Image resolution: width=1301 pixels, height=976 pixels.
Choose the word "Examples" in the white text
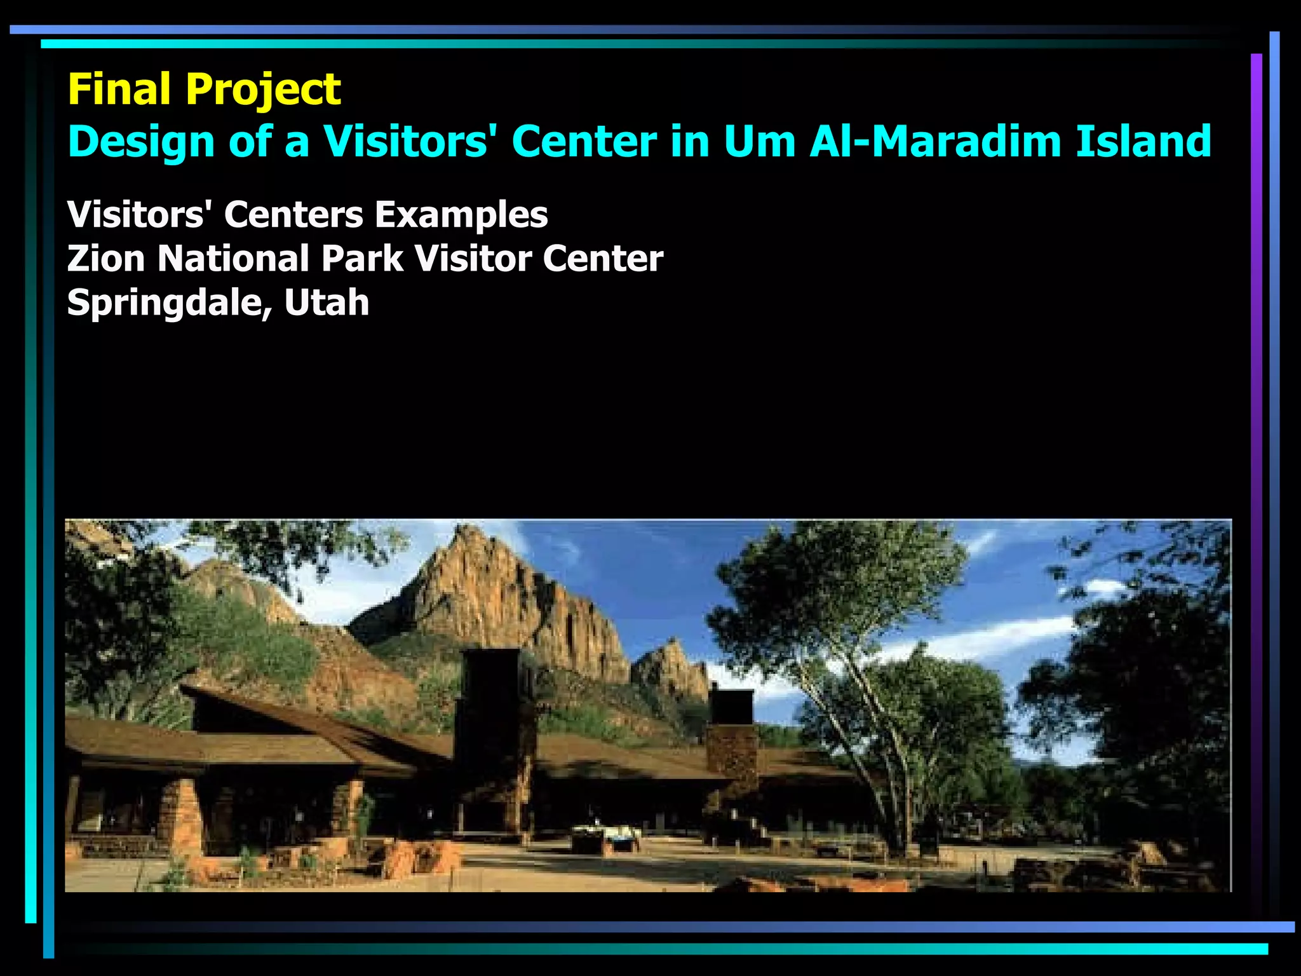pos(461,215)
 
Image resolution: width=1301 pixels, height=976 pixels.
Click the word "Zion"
pos(105,259)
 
